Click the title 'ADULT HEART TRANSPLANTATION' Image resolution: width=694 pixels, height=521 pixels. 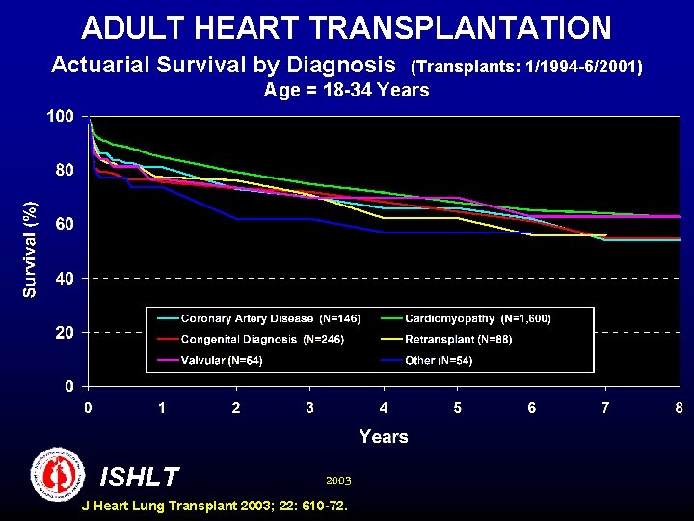tap(346, 27)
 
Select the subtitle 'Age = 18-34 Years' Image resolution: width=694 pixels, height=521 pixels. tap(346, 91)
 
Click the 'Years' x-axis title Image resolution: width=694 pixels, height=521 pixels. tap(383, 437)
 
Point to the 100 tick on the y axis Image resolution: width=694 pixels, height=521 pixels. tap(60, 116)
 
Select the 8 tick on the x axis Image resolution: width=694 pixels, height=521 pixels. tap(680, 408)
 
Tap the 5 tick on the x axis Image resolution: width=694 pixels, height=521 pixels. tap(458, 408)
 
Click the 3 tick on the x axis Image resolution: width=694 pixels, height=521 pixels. tap(309, 408)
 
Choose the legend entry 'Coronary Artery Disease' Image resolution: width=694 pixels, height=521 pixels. tap(248, 318)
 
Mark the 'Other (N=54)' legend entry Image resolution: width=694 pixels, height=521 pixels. tap(439, 361)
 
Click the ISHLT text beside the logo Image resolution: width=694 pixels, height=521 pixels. tap(140, 477)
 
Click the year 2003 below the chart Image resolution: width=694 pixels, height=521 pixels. tap(338, 480)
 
